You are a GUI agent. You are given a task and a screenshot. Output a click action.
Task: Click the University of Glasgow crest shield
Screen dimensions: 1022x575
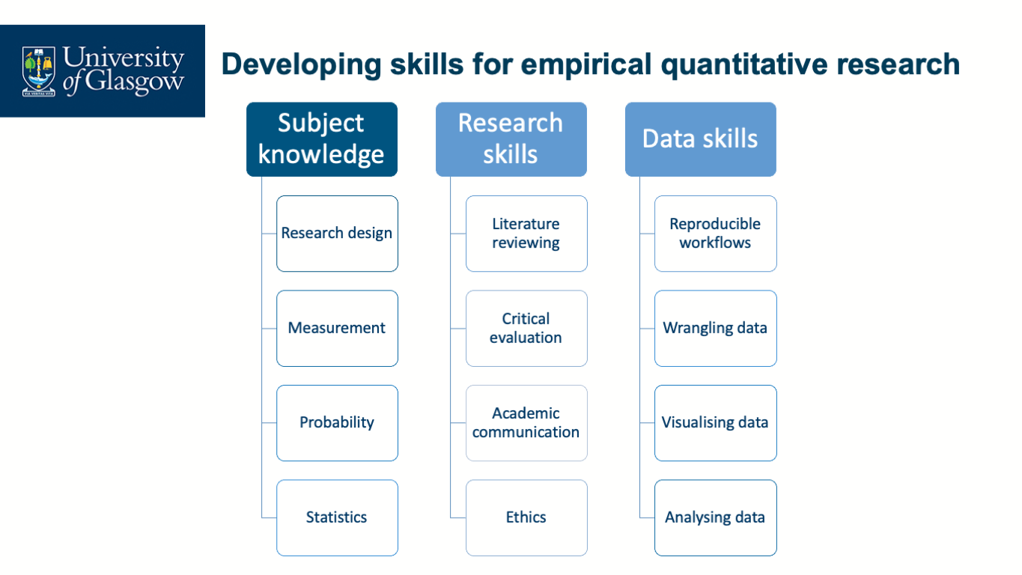(x=39, y=70)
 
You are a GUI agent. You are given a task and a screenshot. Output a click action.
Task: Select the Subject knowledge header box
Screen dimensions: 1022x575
(x=322, y=139)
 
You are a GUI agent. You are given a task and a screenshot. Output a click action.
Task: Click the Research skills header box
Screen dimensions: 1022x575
(x=511, y=139)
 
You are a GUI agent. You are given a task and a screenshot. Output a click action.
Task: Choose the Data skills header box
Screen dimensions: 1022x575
(x=700, y=139)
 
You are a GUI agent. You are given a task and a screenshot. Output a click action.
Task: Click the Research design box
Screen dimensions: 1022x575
(x=337, y=234)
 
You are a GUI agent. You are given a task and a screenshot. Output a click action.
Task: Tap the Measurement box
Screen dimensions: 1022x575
(x=337, y=328)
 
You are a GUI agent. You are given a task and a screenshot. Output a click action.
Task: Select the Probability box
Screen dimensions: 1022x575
(x=337, y=423)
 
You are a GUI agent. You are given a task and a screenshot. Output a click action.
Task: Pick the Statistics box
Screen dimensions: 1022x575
(x=337, y=517)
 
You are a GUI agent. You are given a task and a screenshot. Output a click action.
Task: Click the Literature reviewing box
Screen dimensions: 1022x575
(x=526, y=234)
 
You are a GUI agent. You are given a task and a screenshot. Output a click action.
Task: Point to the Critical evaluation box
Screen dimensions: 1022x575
(x=526, y=328)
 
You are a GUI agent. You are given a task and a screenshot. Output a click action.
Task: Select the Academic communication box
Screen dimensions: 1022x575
(x=526, y=423)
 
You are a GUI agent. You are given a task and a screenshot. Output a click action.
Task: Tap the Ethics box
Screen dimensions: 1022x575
(x=526, y=517)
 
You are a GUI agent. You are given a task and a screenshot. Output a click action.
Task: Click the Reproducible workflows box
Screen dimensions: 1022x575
(x=716, y=234)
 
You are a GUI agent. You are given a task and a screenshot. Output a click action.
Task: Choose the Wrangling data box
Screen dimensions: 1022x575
(x=716, y=328)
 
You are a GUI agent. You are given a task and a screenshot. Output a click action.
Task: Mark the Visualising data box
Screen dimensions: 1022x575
(x=716, y=423)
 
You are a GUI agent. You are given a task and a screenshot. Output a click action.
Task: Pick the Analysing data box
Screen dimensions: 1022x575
(x=716, y=517)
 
